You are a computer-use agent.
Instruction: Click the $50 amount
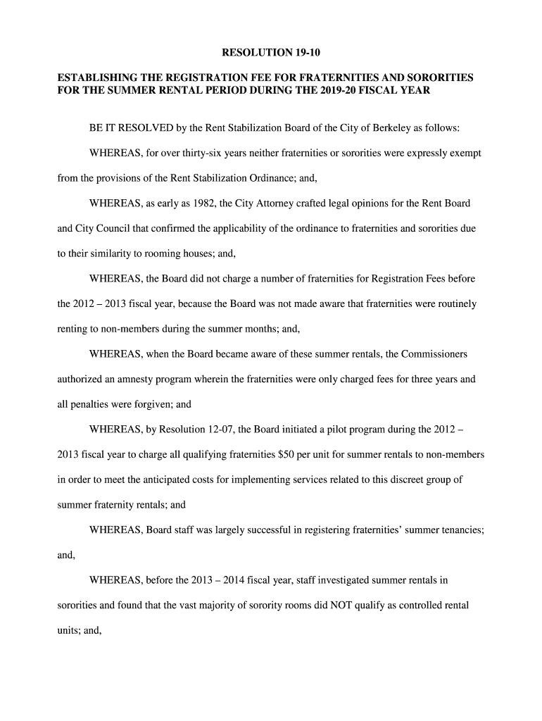coord(286,454)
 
